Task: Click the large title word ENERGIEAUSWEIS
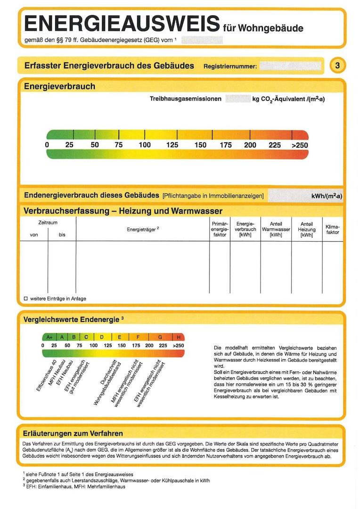(122, 24)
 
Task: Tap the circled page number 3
(337, 66)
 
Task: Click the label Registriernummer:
(230, 66)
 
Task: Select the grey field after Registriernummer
(290, 66)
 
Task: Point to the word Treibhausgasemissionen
(185, 99)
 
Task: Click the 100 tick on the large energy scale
(144, 145)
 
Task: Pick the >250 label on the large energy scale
(299, 145)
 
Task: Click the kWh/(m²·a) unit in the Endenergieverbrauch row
(327, 196)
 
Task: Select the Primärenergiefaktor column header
(220, 228)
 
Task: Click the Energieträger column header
(143, 229)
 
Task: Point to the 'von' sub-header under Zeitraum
(34, 235)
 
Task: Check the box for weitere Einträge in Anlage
(26, 299)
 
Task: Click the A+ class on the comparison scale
(49, 337)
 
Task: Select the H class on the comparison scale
(179, 337)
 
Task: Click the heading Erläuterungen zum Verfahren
(73, 433)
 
